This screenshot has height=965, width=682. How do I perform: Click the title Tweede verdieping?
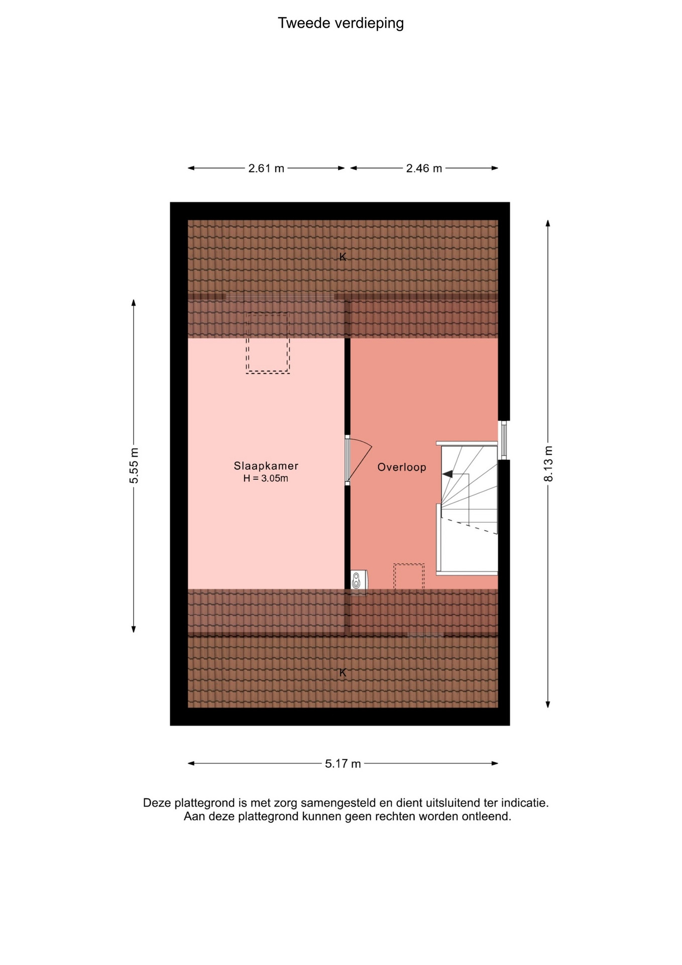(x=340, y=24)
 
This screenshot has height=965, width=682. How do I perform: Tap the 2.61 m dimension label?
(x=266, y=168)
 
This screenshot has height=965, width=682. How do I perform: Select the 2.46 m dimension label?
(x=424, y=168)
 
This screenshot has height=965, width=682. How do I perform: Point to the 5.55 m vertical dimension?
(x=134, y=465)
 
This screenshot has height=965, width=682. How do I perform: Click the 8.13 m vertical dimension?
(x=548, y=463)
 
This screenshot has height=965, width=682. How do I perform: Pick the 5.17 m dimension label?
(x=343, y=764)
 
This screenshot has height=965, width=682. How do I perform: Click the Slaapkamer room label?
(x=266, y=466)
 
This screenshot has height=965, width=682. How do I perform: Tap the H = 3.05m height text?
(x=266, y=478)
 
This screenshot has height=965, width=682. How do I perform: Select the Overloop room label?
(x=402, y=467)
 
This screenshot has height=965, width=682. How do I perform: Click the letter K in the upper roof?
(x=343, y=257)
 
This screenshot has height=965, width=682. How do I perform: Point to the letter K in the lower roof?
(x=343, y=672)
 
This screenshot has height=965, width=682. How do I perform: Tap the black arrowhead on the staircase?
(x=447, y=474)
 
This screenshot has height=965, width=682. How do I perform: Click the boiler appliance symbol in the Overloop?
(x=358, y=580)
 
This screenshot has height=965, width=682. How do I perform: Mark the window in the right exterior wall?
(x=504, y=440)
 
